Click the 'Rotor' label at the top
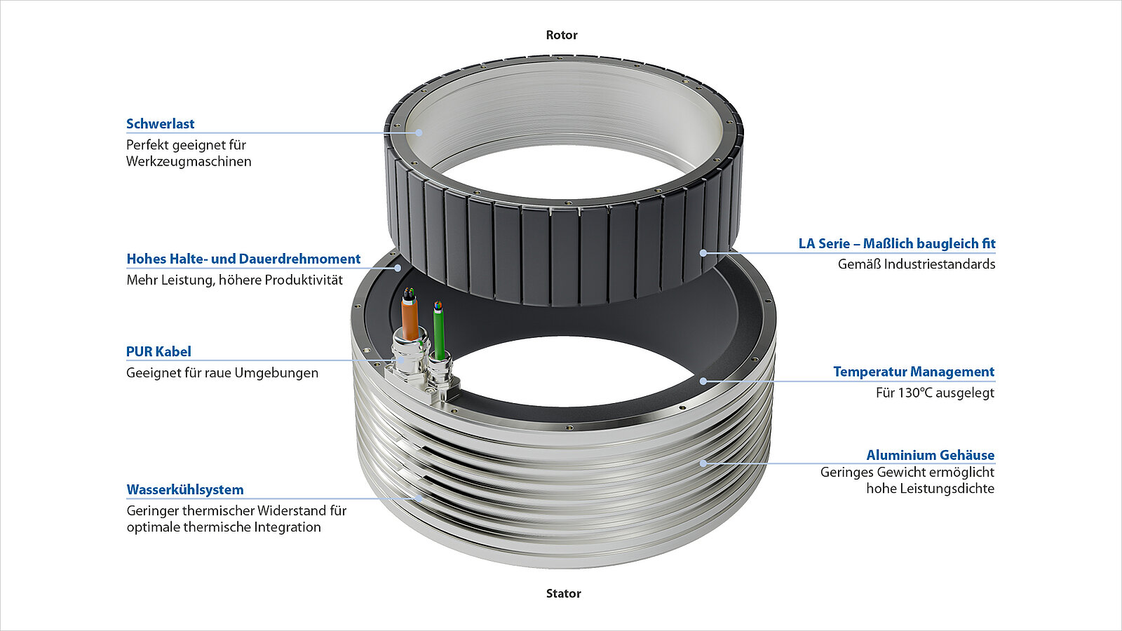pos(562,35)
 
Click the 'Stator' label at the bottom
pos(563,594)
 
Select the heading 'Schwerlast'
pos(160,124)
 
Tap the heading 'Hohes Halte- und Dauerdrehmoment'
pos(243,259)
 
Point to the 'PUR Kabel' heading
pos(158,352)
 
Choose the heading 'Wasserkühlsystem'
pos(185,489)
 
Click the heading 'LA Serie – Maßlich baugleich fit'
pos(896,243)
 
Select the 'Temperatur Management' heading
pos(913,372)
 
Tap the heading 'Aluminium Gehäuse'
pos(930,455)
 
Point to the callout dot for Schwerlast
pos(419,132)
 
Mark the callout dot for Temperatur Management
pos(703,381)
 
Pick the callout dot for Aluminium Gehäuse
pos(703,463)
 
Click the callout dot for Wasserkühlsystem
pos(419,498)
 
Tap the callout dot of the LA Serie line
pos(703,252)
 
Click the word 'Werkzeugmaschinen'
pos(189,161)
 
